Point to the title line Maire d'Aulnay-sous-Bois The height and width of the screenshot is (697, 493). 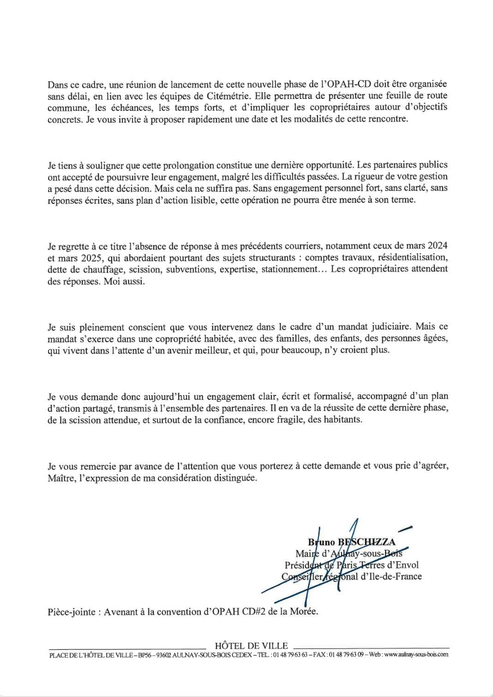point(349,553)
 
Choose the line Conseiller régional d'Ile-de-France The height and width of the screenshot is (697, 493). point(351,576)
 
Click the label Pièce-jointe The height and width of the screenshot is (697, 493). point(72,611)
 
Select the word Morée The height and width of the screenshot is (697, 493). point(306,611)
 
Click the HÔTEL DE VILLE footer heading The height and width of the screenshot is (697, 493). point(251,646)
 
